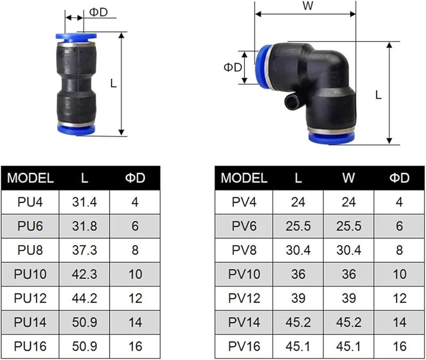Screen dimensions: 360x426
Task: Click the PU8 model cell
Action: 30,250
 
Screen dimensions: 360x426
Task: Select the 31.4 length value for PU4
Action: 85,202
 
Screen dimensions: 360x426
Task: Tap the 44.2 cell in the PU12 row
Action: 85,298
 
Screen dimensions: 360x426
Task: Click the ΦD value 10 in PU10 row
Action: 135,274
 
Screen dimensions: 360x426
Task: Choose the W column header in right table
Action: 348,178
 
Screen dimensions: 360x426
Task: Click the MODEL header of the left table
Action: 30,178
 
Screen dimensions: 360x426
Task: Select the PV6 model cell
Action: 244,226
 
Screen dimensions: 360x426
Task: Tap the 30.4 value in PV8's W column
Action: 348,250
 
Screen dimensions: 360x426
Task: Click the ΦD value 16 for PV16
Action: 399,346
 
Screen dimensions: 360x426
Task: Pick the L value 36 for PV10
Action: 298,274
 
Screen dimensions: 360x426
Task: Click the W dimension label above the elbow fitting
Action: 307,7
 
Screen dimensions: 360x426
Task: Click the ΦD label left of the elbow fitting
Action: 232,68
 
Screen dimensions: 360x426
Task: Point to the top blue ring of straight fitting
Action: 76,37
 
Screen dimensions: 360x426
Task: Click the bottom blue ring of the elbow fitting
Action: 331,137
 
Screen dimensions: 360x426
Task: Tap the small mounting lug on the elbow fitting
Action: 291,101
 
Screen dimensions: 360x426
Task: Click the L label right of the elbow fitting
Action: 378,95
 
